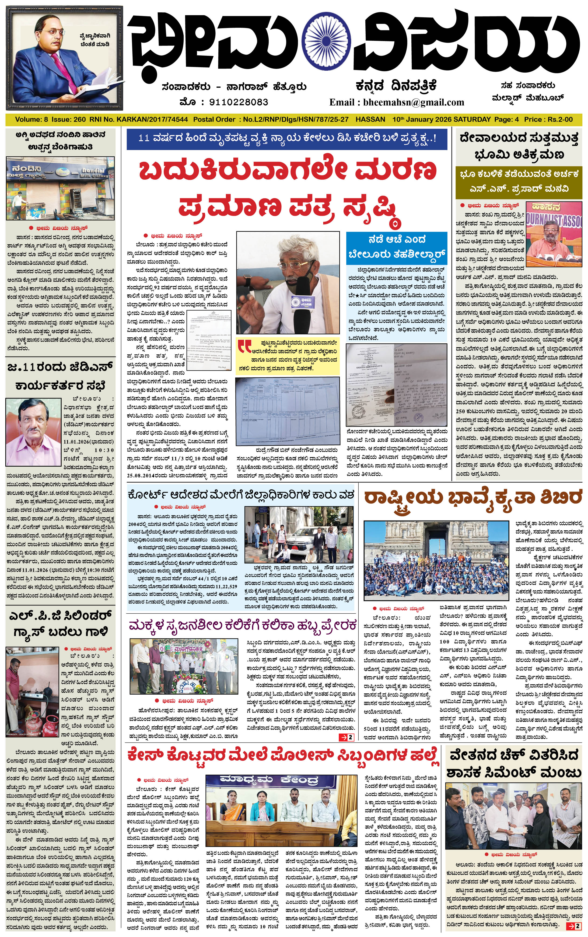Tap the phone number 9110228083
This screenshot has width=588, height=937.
point(238,102)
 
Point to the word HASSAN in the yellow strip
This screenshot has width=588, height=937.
point(370,119)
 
